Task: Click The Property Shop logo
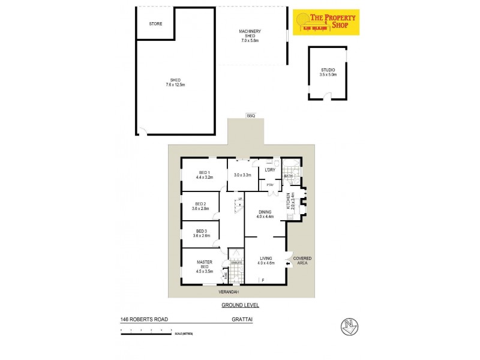coord(325,22)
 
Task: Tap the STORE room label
coord(155,24)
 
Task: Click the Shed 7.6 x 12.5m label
coord(176,83)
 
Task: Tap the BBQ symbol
coord(251,116)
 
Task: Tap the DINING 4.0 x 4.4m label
coord(265,214)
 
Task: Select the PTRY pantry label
coord(270,185)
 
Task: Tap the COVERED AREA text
coord(302,260)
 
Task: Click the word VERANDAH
coord(229,292)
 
